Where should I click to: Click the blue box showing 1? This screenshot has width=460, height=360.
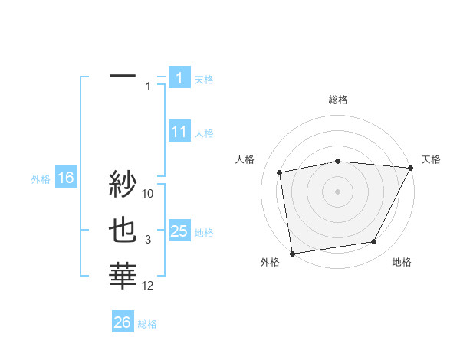click(x=179, y=78)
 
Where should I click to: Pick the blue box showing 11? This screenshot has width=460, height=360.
click(x=179, y=132)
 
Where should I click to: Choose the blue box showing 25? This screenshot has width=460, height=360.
click(x=179, y=231)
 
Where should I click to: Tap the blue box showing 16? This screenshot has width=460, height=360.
click(x=65, y=178)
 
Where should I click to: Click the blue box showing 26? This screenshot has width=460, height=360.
click(x=122, y=322)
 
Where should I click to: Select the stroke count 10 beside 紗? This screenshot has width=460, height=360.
click(x=148, y=194)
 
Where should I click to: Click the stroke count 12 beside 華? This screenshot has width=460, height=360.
click(x=148, y=286)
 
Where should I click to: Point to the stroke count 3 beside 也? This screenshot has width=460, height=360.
click(x=148, y=240)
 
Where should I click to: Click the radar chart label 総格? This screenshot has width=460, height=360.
click(x=337, y=100)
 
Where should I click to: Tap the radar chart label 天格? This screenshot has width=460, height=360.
click(x=431, y=159)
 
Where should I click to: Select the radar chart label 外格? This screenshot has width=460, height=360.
click(x=269, y=262)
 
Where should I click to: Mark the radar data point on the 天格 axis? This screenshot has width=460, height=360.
click(x=410, y=168)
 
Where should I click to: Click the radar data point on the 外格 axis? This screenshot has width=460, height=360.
click(x=292, y=253)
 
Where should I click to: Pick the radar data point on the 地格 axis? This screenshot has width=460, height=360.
click(x=374, y=242)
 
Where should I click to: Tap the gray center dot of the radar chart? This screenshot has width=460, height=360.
click(x=337, y=191)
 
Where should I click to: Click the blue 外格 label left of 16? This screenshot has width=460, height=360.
click(x=41, y=179)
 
